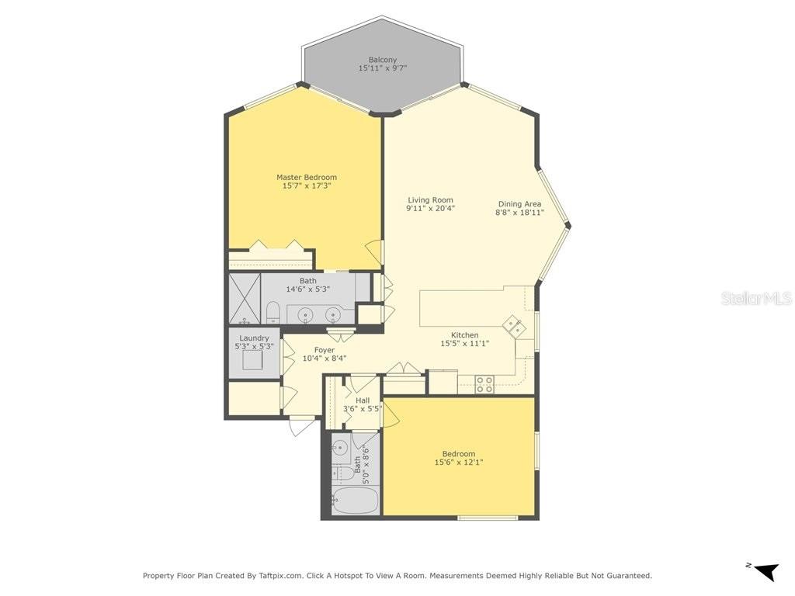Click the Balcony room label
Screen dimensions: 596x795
click(x=382, y=60)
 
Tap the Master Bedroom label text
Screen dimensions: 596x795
click(x=307, y=178)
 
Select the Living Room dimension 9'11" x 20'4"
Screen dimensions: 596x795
click(x=430, y=209)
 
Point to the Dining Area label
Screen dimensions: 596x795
click(x=519, y=204)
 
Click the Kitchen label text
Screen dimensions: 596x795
click(x=464, y=335)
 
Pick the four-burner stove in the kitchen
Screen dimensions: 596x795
click(x=484, y=384)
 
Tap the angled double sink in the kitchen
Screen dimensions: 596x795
click(x=514, y=325)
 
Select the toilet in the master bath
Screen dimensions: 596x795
click(x=273, y=314)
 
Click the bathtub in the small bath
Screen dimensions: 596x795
click(x=354, y=501)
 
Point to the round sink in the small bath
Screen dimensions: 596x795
click(x=339, y=448)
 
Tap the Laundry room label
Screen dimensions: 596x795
click(x=254, y=338)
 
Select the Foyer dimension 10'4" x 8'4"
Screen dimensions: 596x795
click(x=324, y=359)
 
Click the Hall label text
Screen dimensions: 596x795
click(x=363, y=400)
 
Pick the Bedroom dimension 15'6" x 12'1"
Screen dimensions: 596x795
click(x=459, y=463)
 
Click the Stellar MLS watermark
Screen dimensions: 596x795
click(x=755, y=298)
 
